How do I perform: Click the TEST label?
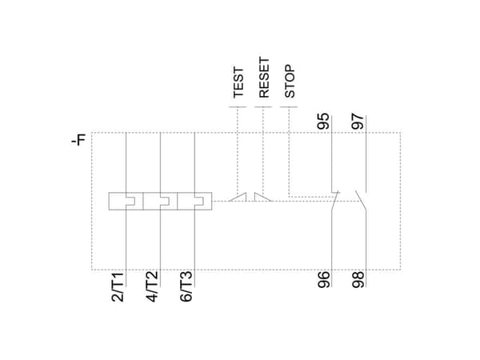238,82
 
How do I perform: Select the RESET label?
264,78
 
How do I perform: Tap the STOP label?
290,81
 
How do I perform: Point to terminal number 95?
323,122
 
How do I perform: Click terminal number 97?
358,122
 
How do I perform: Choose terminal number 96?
324,279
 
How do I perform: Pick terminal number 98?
358,279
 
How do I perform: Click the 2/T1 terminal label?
118,286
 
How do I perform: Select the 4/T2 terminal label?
152,286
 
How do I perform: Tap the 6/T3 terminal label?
186,286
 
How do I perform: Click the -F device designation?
78,140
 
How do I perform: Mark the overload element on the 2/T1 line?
126,201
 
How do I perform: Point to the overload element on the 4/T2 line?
160,201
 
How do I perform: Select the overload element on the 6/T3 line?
194,201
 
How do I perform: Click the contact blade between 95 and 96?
335,201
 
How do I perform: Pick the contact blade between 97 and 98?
361,201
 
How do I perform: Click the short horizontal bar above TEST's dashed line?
238,107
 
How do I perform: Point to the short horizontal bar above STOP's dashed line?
289,107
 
